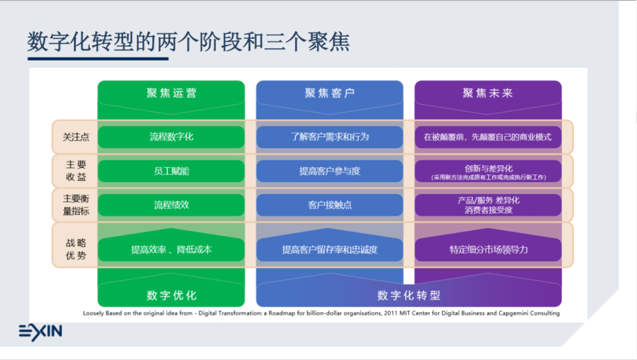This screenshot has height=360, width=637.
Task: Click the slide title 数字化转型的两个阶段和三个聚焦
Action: coord(188,42)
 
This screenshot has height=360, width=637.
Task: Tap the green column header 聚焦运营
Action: coord(171,93)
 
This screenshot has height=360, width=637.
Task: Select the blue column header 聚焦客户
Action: coord(329,93)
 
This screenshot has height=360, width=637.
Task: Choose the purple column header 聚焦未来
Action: coord(488,93)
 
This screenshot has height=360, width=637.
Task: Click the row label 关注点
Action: coord(76,137)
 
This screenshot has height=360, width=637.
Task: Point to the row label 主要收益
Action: coord(76,171)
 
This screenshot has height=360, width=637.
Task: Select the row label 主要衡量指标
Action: coord(76,205)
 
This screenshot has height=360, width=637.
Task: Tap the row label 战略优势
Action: coord(76,249)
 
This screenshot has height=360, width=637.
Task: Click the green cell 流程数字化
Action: coord(171,137)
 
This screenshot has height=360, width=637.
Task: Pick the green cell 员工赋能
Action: coord(171,171)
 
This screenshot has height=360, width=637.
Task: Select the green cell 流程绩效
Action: coord(171,205)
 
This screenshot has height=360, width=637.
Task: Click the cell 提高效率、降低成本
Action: coord(171,250)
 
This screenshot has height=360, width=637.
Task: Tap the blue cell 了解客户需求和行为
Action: coord(329,137)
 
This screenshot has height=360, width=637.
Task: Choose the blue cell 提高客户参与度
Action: coord(329,171)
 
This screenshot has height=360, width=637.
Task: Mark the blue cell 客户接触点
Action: coord(329,205)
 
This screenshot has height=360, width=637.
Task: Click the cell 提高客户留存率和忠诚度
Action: coord(329,250)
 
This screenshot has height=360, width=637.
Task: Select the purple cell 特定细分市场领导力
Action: coord(488,250)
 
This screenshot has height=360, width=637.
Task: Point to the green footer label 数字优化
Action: coord(171,295)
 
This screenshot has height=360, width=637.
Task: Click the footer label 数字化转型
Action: coord(409,295)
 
